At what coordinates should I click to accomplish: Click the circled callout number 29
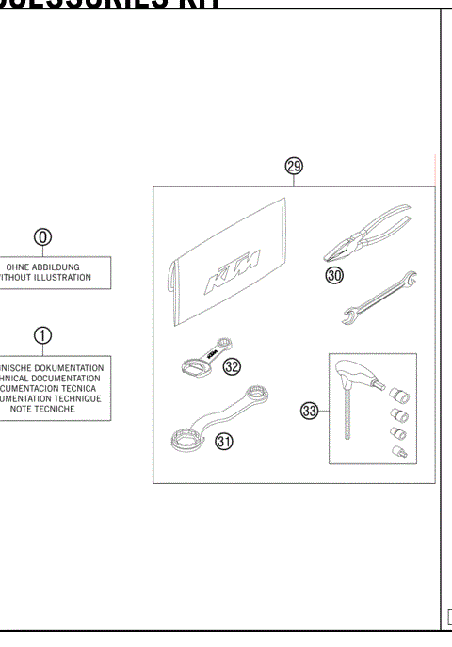coord(294,166)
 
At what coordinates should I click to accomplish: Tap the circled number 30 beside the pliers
coord(334,275)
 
